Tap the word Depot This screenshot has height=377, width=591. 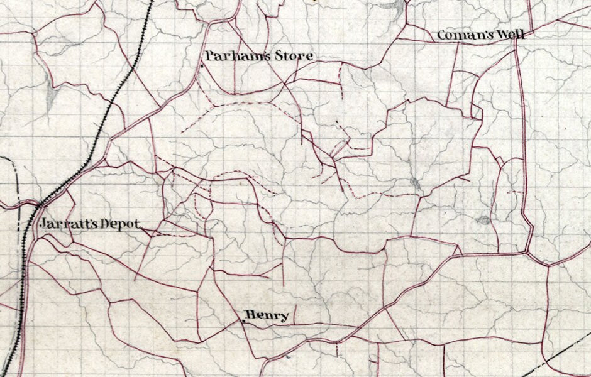click(124, 225)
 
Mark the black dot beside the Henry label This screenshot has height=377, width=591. click(243, 322)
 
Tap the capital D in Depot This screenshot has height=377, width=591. click(109, 224)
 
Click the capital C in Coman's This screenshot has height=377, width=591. click(441, 35)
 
